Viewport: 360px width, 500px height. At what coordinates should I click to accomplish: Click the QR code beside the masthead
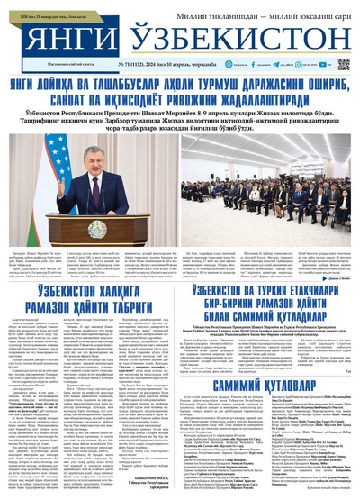[x=343, y=65]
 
